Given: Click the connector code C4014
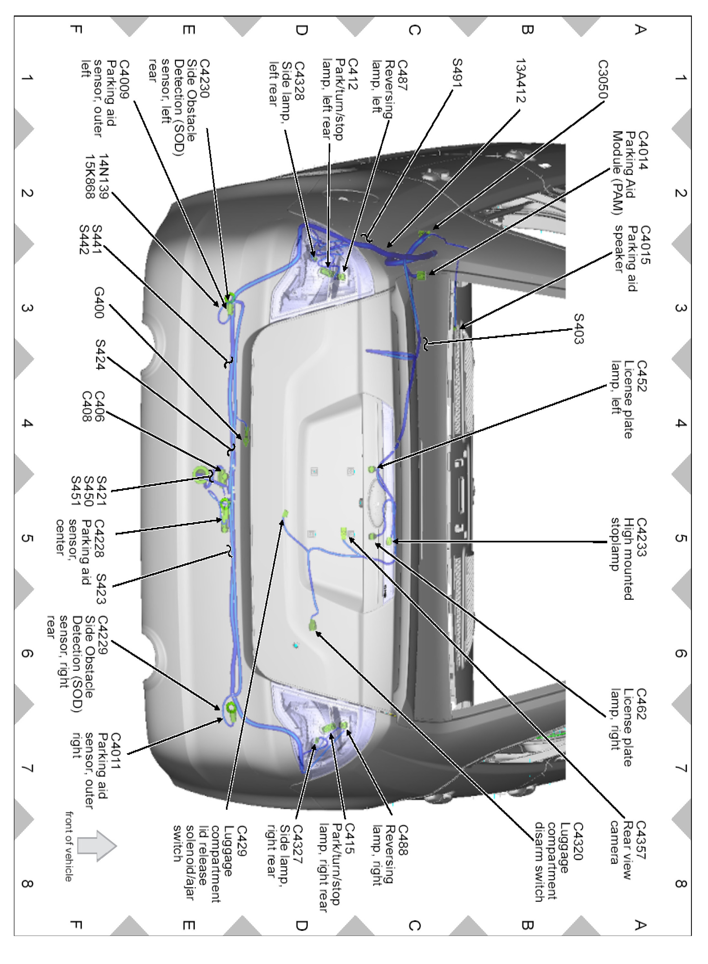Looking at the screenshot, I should (x=643, y=150).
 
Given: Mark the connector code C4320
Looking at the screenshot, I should (x=578, y=841).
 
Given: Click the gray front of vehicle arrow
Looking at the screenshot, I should (x=97, y=846).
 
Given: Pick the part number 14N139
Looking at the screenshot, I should (x=104, y=176).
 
